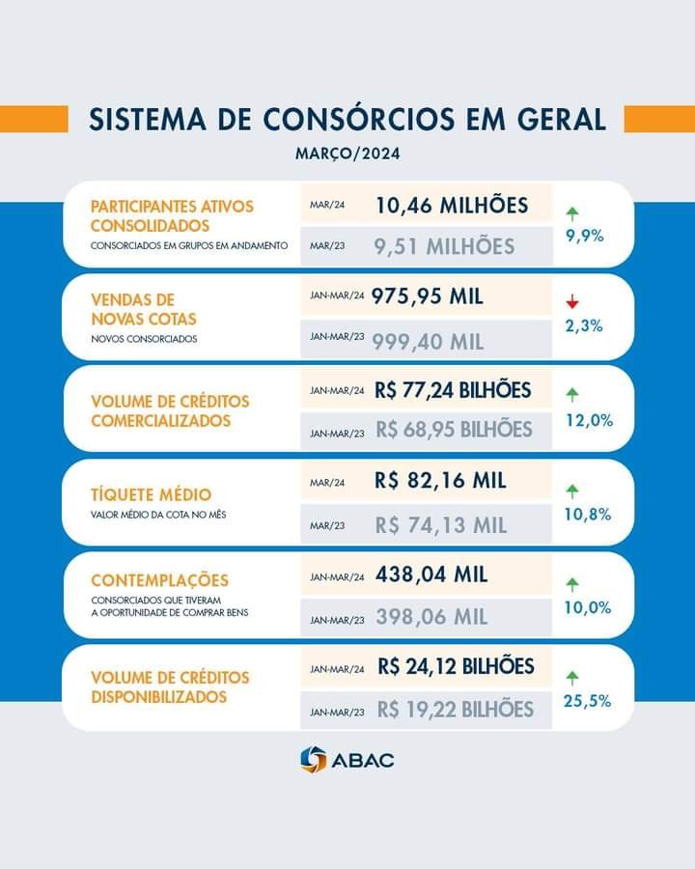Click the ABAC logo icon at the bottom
(x=314, y=759)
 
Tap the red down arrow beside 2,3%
(x=572, y=302)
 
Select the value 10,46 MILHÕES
(x=452, y=206)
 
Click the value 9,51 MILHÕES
(x=444, y=246)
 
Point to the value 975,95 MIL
(x=427, y=296)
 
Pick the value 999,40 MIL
(x=429, y=340)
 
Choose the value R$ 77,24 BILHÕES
(x=453, y=390)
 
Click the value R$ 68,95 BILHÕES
(x=454, y=429)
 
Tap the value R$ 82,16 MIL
(x=441, y=480)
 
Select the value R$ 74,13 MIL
(x=441, y=525)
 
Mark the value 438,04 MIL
(x=431, y=575)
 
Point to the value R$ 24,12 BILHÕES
(x=456, y=666)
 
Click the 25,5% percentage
(x=588, y=701)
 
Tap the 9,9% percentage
(x=584, y=235)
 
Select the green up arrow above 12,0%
(x=572, y=394)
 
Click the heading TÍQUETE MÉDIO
(x=151, y=495)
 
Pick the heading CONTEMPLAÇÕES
(x=159, y=580)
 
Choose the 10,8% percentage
(x=588, y=515)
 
